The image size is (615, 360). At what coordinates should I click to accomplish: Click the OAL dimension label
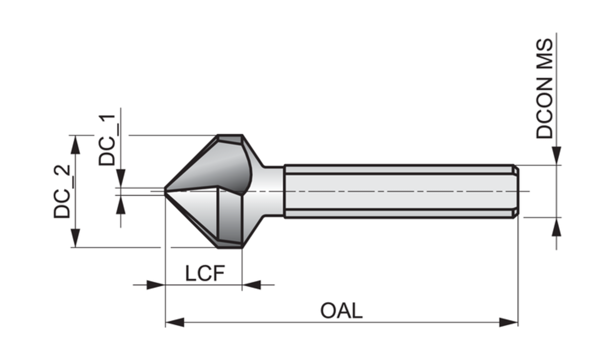pos(341,311)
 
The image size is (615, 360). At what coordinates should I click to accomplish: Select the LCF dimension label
pos(205,274)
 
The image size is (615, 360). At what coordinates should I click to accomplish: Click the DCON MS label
pos(545,88)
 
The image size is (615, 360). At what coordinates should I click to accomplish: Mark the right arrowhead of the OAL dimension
pos(508,322)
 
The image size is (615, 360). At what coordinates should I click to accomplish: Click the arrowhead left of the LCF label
pos(155,285)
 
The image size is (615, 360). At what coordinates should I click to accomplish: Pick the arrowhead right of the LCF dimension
pos(251,285)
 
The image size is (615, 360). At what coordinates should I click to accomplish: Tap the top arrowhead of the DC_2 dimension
pos(75,144)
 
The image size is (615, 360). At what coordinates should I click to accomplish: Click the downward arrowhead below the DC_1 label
pos(121,179)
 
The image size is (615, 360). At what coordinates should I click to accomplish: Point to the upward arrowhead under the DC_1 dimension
pos(121,205)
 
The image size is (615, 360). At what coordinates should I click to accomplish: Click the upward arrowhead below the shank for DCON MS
pos(556,226)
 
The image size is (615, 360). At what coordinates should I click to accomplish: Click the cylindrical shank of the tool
pos(400,191)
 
